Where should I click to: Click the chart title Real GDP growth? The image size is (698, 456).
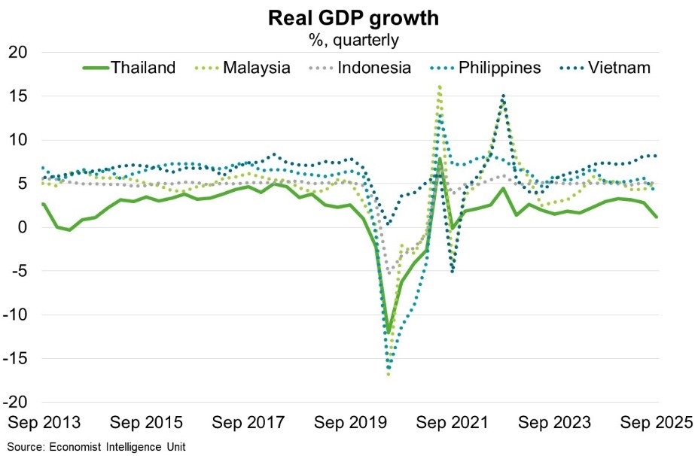pyautogui.click(x=348, y=19)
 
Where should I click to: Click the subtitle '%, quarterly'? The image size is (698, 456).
pyautogui.click(x=348, y=39)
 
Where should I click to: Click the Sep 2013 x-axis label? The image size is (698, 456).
pyautogui.click(x=44, y=423)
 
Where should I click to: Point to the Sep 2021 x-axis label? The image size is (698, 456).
pyautogui.click(x=452, y=423)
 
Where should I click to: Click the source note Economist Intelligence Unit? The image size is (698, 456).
pyautogui.click(x=96, y=446)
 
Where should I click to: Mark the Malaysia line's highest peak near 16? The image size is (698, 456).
pyautogui.click(x=440, y=87)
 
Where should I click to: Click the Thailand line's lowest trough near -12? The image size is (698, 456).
pyautogui.click(x=388, y=332)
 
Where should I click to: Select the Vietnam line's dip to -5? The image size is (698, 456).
pyautogui.click(x=453, y=271)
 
